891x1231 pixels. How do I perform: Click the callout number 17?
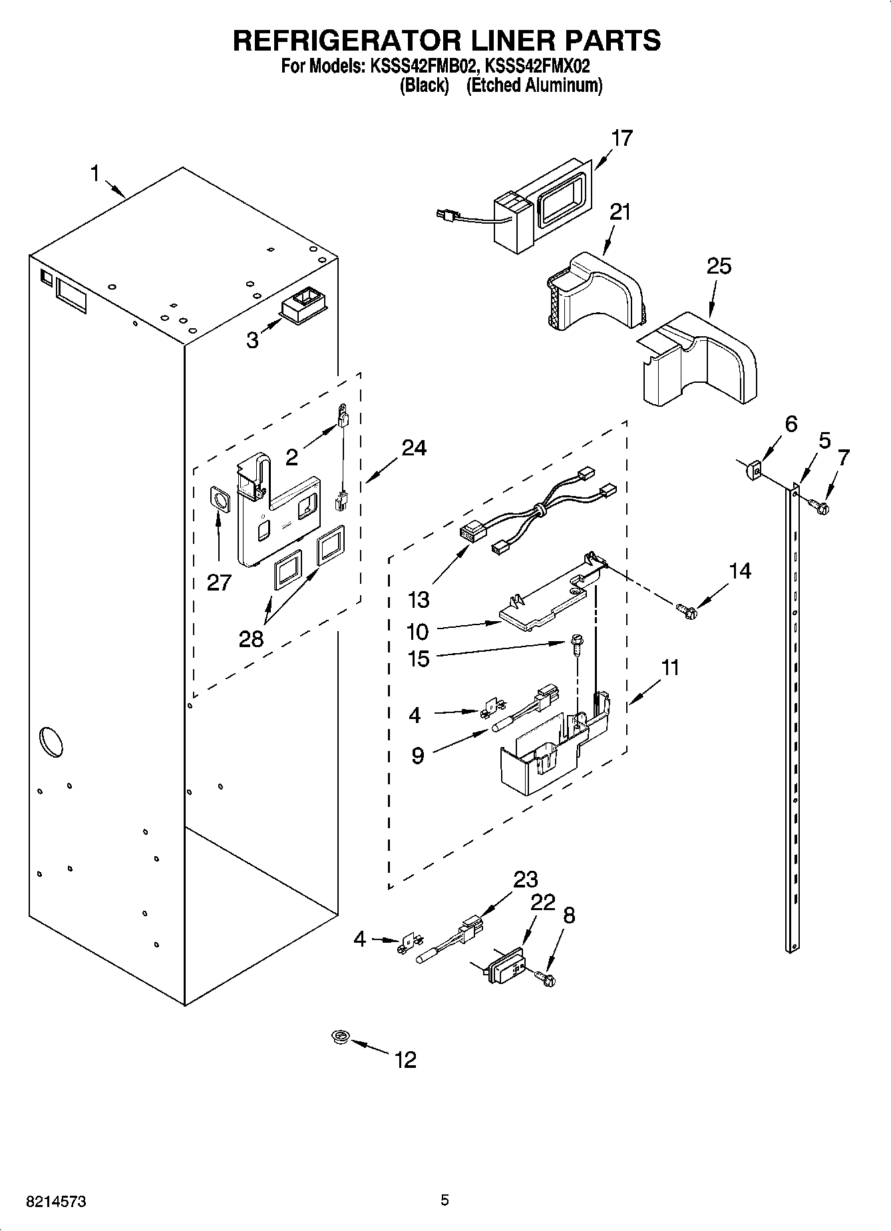(622, 138)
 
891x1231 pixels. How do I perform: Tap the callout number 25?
(719, 266)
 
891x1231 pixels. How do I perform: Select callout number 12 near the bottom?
(405, 1059)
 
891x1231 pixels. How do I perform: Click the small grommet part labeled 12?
(341, 1037)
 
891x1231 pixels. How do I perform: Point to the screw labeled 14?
(685, 609)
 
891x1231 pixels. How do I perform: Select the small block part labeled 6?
(752, 471)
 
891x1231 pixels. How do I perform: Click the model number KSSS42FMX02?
(538, 67)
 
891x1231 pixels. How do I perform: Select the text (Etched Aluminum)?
(534, 86)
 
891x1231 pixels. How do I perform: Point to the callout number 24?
(413, 447)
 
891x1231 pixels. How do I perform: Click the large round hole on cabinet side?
(51, 740)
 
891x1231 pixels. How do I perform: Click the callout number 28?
(252, 638)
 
